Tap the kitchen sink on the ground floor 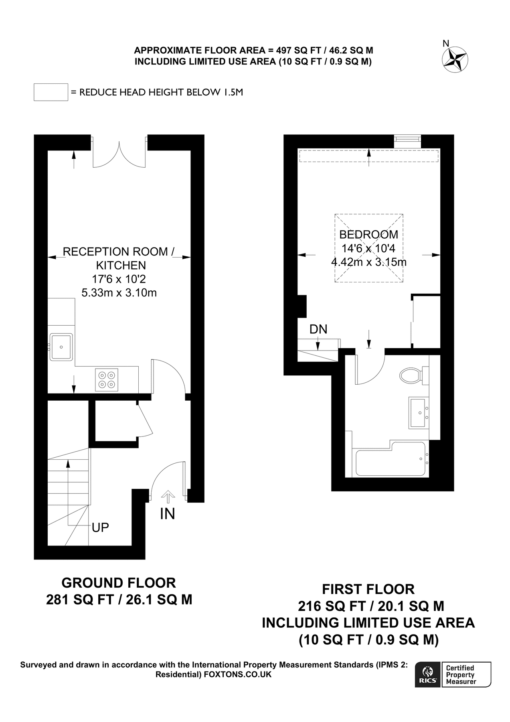[61, 347]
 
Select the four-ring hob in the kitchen [107, 379]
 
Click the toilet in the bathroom [410, 376]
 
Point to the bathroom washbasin [419, 412]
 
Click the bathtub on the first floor [390, 463]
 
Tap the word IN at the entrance [167, 514]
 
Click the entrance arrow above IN [168, 497]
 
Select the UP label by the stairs [100, 527]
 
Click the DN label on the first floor [318, 329]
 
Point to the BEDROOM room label [368, 235]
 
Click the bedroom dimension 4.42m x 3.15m [368, 262]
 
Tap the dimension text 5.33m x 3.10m [119, 293]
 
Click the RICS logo [428, 675]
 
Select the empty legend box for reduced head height [51, 92]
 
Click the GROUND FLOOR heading [119, 582]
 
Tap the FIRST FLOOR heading [368, 589]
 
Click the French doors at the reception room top [119, 154]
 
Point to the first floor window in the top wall [407, 139]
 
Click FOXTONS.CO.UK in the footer [237, 674]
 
